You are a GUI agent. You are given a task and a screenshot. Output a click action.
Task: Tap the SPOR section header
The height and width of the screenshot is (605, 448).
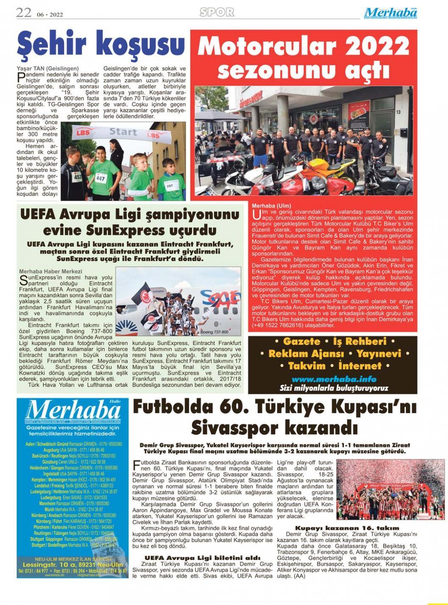pos(217,12)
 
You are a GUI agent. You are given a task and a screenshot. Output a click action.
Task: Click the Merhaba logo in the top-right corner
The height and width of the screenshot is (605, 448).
pos(390,13)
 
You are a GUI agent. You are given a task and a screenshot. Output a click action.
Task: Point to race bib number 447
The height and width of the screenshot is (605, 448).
pos(101,179)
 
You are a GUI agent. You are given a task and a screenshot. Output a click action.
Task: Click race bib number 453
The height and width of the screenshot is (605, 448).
pos(77,176)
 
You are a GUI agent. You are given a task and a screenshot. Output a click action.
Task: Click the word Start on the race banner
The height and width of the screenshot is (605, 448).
pos(123,132)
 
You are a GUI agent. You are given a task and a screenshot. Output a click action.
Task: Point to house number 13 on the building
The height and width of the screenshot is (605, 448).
pos(398,112)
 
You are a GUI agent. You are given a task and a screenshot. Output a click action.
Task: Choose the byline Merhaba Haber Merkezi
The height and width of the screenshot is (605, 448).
pos(50,271)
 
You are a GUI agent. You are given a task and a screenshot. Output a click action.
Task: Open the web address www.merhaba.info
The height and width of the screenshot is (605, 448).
pos(334,379)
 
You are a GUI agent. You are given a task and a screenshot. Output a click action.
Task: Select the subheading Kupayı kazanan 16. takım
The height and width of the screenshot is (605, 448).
pos(347,528)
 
